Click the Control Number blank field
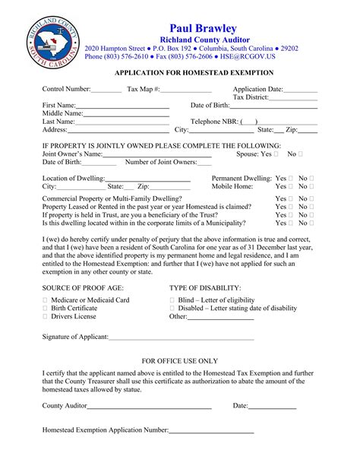click(x=106, y=90)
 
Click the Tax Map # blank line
click(x=186, y=90)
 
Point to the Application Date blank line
click(x=301, y=90)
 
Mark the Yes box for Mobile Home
click(x=290, y=186)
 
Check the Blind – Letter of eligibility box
click(x=172, y=300)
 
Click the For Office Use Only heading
click(x=180, y=361)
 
